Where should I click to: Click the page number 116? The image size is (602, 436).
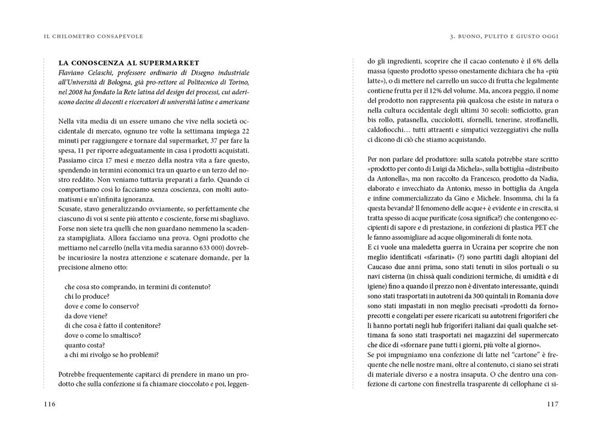tap(50, 404)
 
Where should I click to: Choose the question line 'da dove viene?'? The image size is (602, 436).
tap(85, 316)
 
